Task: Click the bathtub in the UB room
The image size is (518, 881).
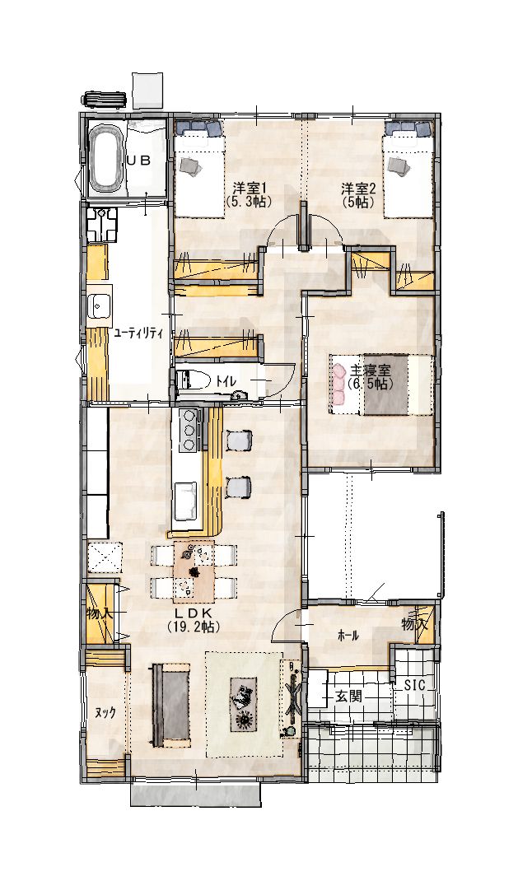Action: tap(105, 158)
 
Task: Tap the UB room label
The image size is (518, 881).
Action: tap(138, 160)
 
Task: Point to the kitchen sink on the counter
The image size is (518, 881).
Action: tap(187, 501)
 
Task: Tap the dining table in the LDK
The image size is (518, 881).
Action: tap(194, 571)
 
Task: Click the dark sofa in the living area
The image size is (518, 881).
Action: tap(170, 705)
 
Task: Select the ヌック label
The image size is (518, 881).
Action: tap(105, 712)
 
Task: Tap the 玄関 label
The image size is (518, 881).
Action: tap(348, 697)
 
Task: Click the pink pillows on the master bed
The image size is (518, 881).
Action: tap(338, 384)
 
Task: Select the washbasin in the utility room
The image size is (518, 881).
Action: tap(100, 306)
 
